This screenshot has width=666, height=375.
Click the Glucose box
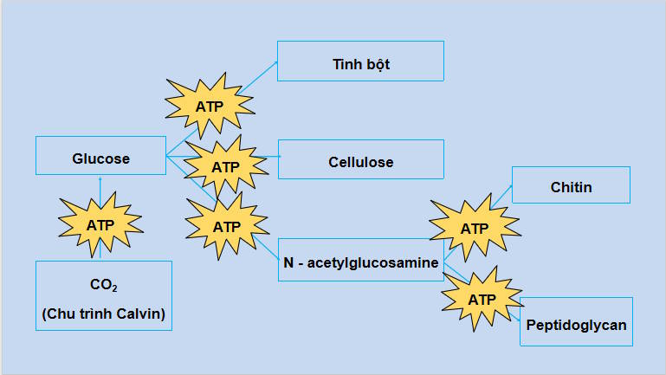[100, 156]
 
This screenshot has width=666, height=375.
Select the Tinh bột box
[360, 61]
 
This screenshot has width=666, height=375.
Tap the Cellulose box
[360, 160]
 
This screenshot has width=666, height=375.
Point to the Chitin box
[571, 185]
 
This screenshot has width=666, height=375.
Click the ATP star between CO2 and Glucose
[100, 223]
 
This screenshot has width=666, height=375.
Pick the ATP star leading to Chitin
[474, 229]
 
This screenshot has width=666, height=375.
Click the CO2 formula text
[103, 284]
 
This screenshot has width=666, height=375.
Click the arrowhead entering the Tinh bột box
[275, 61]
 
